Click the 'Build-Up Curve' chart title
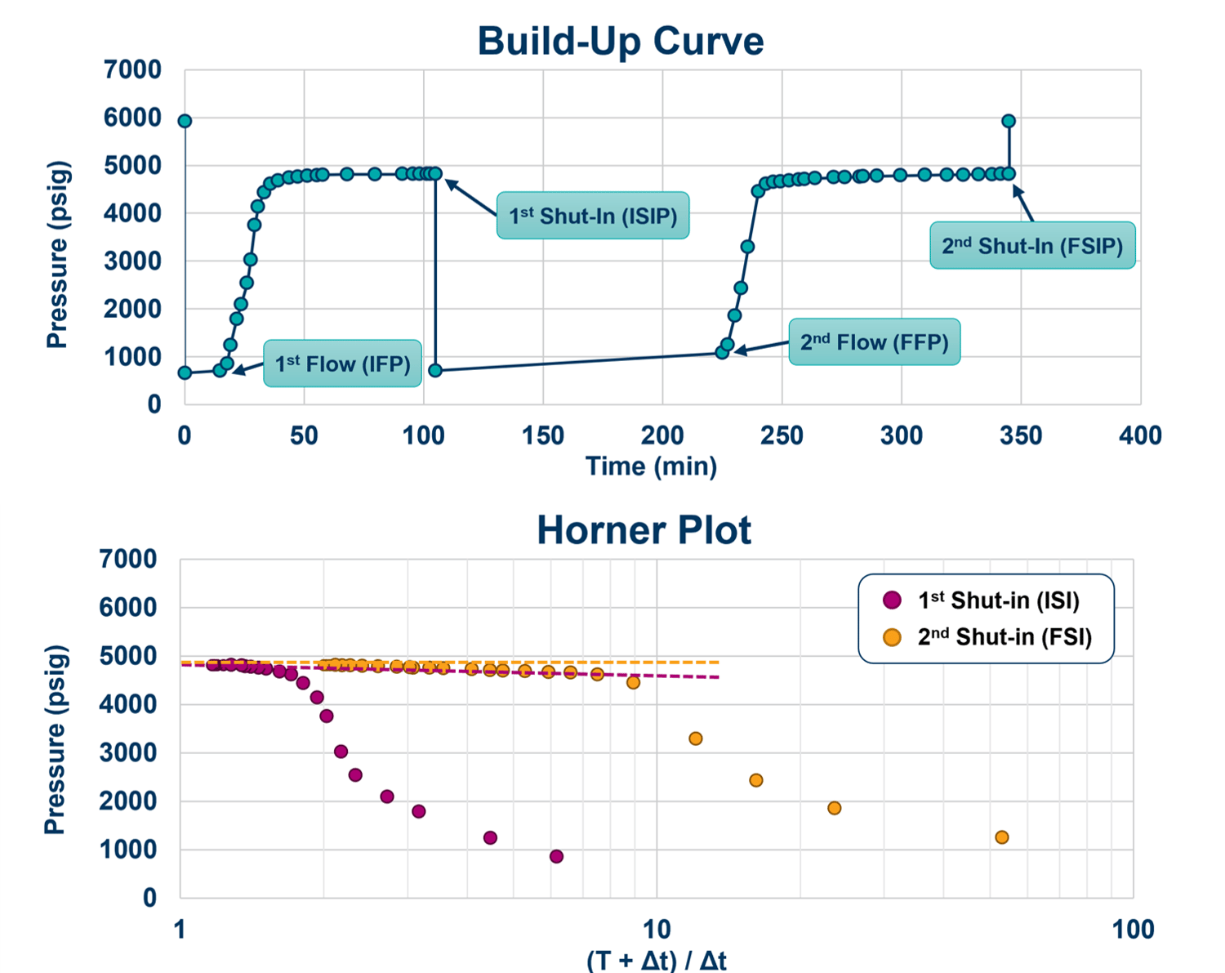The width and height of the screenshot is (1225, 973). (x=620, y=41)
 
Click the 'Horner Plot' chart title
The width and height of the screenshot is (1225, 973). (x=644, y=530)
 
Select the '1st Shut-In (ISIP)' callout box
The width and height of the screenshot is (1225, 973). (x=593, y=216)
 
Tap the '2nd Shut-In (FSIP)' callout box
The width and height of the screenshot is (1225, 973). (x=1032, y=246)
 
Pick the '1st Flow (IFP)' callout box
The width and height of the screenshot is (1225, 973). (x=342, y=364)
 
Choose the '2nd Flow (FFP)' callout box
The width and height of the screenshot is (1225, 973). (x=874, y=341)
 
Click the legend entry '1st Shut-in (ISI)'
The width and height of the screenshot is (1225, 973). (x=998, y=600)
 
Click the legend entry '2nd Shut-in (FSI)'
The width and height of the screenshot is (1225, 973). (x=1004, y=636)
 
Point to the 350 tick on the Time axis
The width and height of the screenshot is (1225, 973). (x=1021, y=435)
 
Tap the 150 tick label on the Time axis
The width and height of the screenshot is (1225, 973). (x=543, y=435)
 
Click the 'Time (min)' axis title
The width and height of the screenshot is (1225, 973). (x=651, y=466)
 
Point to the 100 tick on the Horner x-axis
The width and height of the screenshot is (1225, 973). (x=1133, y=929)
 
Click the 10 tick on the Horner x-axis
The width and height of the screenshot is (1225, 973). (x=657, y=929)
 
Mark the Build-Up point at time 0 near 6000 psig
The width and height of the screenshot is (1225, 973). (x=185, y=121)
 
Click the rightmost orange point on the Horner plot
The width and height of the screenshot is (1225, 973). (x=1001, y=837)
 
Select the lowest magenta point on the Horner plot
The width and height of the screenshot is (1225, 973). (x=556, y=856)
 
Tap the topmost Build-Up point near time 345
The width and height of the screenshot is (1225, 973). (x=1009, y=121)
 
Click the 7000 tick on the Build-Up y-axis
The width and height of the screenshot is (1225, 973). (x=132, y=70)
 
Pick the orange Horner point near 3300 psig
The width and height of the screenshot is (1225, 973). (x=696, y=739)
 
